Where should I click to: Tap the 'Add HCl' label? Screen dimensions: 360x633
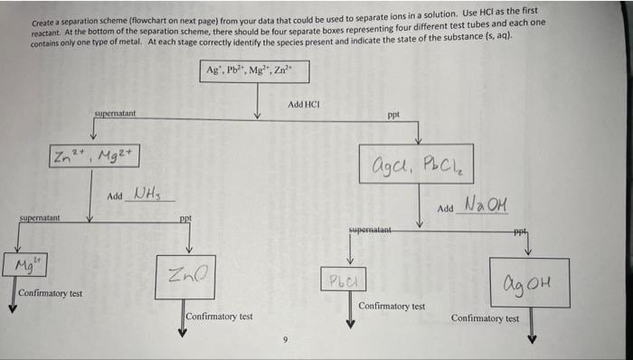[304, 106]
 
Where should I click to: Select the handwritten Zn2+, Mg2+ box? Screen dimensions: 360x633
[96, 156]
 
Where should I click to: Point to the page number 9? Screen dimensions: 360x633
[283, 340]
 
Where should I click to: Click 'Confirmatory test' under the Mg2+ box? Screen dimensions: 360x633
[50, 294]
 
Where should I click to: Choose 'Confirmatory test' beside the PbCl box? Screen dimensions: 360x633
[391, 306]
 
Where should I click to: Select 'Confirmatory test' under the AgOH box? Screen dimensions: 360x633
[485, 318]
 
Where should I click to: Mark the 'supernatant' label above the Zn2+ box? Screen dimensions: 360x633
[115, 113]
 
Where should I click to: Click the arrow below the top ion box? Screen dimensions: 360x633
[259, 104]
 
